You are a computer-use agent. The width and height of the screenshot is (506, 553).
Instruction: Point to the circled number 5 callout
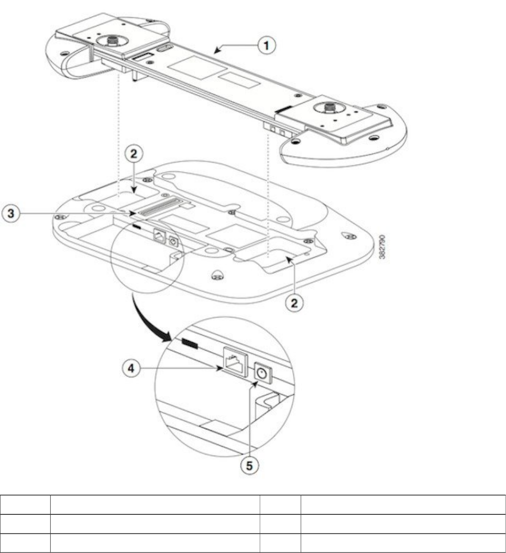click(252, 465)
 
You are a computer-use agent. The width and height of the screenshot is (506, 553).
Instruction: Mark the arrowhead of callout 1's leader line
click(216, 50)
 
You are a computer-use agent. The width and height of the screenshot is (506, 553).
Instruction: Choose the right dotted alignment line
click(268, 199)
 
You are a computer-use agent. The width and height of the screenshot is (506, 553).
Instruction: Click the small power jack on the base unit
click(173, 242)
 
